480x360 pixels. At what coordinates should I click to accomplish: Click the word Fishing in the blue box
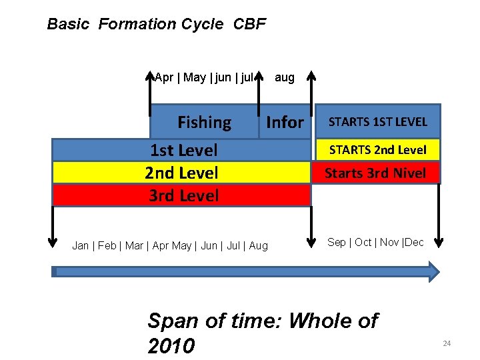pyautogui.click(x=204, y=122)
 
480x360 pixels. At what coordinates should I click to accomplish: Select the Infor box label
pyautogui.click(x=285, y=122)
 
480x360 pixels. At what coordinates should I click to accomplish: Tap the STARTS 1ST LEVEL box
pyautogui.click(x=377, y=121)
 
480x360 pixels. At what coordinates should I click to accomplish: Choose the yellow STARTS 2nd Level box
pyautogui.click(x=377, y=149)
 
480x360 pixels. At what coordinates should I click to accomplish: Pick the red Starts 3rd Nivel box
pyautogui.click(x=375, y=173)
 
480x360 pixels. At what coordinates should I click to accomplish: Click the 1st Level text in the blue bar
pyautogui.click(x=183, y=150)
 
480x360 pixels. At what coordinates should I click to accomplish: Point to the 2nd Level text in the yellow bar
pyautogui.click(x=181, y=173)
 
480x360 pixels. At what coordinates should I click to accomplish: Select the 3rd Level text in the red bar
pyautogui.click(x=183, y=195)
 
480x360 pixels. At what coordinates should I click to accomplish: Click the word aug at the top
pyautogui.click(x=284, y=77)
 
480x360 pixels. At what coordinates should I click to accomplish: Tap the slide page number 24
pyautogui.click(x=447, y=343)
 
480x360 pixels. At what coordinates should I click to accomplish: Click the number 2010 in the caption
pyautogui.click(x=171, y=346)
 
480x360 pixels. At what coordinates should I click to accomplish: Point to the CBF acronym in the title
pyautogui.click(x=250, y=25)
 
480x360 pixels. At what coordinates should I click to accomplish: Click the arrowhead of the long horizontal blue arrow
pyautogui.click(x=433, y=271)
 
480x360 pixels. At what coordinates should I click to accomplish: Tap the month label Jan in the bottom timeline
pyautogui.click(x=81, y=246)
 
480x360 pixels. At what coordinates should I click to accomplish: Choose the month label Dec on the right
pyautogui.click(x=414, y=242)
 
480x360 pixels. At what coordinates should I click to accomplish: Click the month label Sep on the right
pyautogui.click(x=337, y=242)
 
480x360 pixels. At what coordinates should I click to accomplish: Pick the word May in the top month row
pyautogui.click(x=195, y=77)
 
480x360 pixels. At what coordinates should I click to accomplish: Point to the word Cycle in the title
pyautogui.click(x=203, y=25)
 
